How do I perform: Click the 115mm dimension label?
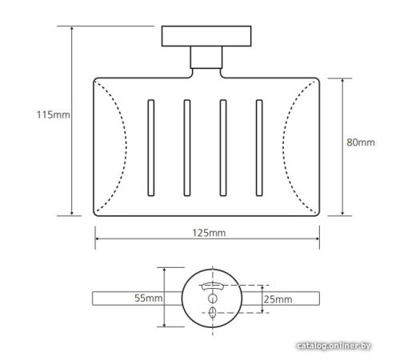coord(53,115)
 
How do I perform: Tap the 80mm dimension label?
coord(361,142)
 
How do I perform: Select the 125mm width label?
coord(209,233)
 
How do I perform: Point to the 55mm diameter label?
coord(148,298)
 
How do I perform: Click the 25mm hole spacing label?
coord(278,299)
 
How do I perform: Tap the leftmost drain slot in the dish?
coord(151,148)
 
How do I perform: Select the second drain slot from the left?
coord(187,148)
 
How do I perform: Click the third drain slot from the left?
coord(223,148)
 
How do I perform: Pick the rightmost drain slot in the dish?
coord(259,148)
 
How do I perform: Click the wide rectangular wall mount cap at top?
coord(206,36)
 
